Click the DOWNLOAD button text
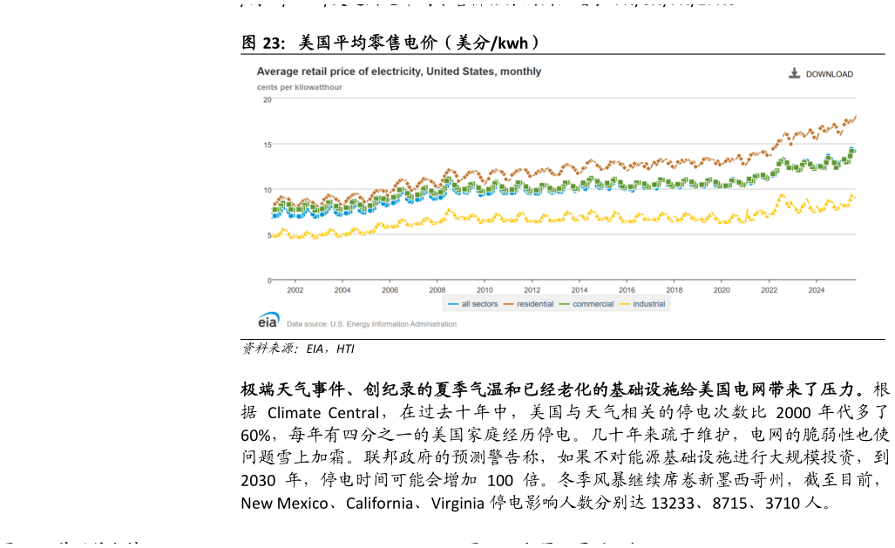[829, 74]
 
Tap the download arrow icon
[794, 73]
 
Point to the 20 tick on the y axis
[268, 99]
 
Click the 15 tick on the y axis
[268, 145]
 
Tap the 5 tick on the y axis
[269, 235]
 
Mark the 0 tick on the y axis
[269, 281]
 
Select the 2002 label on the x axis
[295, 290]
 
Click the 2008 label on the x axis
[437, 290]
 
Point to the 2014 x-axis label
[580, 290]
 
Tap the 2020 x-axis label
[722, 290]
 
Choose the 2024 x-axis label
[817, 290]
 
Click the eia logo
[268, 321]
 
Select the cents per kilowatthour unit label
[299, 87]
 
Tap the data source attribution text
[371, 324]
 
